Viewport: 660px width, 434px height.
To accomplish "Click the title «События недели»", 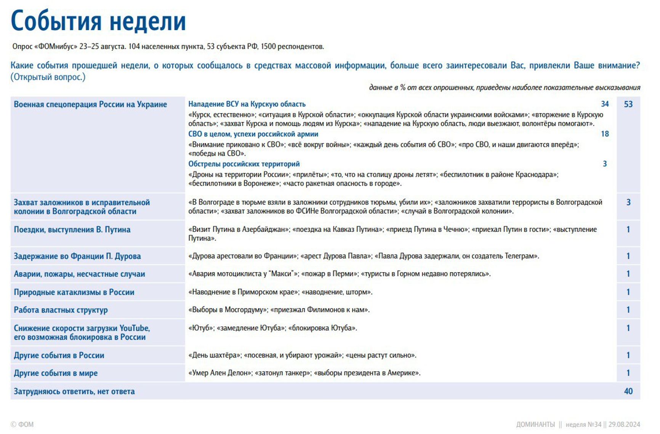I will pyautogui.click(x=98, y=21).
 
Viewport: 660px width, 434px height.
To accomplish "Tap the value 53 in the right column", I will pyautogui.click(x=628, y=104).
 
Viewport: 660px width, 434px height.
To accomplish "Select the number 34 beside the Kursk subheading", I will pyautogui.click(x=605, y=104).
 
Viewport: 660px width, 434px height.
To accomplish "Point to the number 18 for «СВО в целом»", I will pyautogui.click(x=605, y=134).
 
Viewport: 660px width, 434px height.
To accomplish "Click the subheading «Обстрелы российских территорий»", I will pyautogui.click(x=244, y=164).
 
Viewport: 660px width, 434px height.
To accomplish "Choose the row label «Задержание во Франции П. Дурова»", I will pyautogui.click(x=77, y=256).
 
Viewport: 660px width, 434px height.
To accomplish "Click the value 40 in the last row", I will pyautogui.click(x=628, y=391).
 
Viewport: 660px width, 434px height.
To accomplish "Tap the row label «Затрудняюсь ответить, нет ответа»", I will pyautogui.click(x=74, y=391).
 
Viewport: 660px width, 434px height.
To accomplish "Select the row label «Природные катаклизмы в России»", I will pyautogui.click(x=74, y=292).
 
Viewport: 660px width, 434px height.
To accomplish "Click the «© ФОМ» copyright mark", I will pyautogui.click(x=22, y=424).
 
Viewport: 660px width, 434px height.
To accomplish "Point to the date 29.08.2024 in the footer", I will pyautogui.click(x=624, y=424).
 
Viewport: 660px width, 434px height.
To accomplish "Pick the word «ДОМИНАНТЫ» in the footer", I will pyautogui.click(x=535, y=424).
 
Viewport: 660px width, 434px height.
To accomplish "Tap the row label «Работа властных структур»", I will pyautogui.click(x=61, y=310).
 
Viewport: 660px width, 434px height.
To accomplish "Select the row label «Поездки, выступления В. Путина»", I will pyautogui.click(x=72, y=230).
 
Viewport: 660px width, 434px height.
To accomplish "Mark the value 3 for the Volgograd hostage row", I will pyautogui.click(x=628, y=203).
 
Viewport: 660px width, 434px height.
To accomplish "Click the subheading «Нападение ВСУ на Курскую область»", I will pyautogui.click(x=247, y=104).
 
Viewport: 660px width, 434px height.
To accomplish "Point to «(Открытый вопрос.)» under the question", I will pyautogui.click(x=48, y=77).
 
